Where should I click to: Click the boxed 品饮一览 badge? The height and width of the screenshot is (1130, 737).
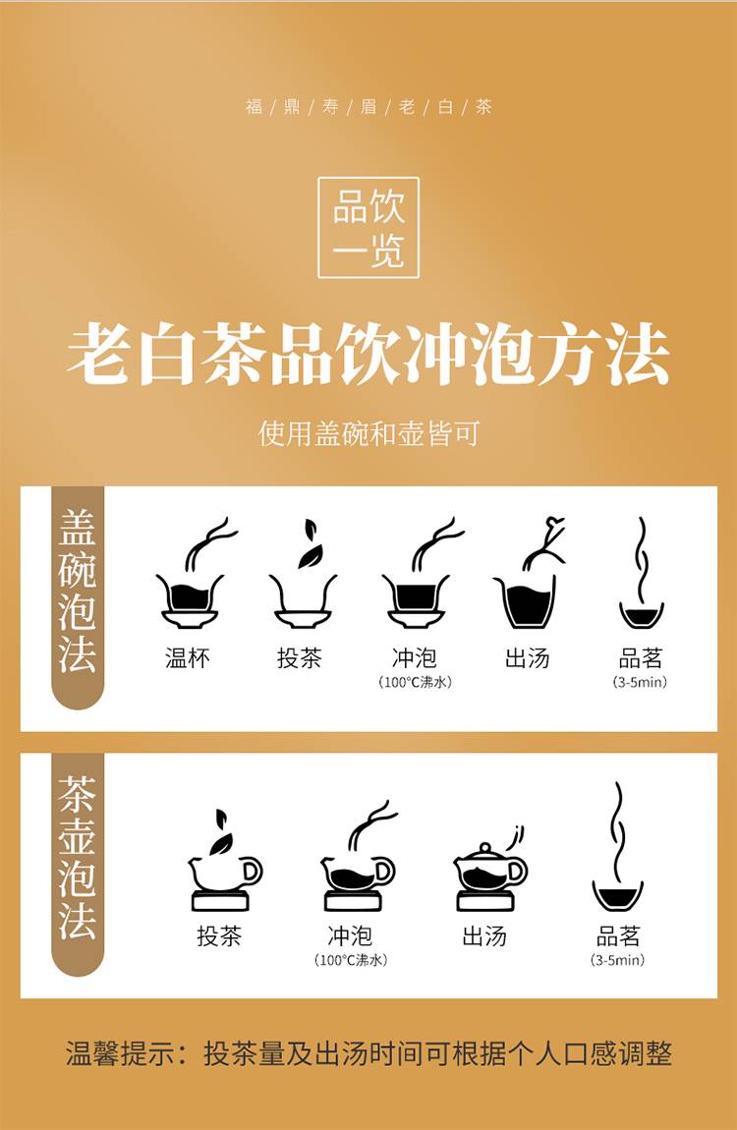coord(368,227)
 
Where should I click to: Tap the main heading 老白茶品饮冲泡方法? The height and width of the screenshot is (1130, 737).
coord(368,355)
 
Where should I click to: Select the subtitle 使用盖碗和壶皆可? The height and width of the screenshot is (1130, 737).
coord(368,434)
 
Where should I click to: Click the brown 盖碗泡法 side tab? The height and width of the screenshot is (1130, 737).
coord(77,596)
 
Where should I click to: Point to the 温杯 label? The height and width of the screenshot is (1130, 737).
coord(188,657)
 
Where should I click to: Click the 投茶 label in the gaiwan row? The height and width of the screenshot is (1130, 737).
coord(300,657)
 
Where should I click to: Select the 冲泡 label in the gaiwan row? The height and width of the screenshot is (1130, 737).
coord(415,657)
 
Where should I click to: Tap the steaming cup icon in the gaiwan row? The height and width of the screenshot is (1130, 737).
coord(641,573)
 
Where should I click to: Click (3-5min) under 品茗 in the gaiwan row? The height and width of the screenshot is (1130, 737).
coord(641,682)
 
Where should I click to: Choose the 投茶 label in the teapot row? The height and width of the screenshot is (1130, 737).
coord(219,935)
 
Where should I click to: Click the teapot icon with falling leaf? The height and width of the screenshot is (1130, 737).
coord(225,859)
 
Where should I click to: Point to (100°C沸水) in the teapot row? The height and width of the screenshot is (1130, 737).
coord(351,960)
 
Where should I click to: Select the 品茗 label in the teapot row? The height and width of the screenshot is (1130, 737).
coord(618,935)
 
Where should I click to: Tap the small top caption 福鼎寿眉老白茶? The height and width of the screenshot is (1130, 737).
coord(368,107)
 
